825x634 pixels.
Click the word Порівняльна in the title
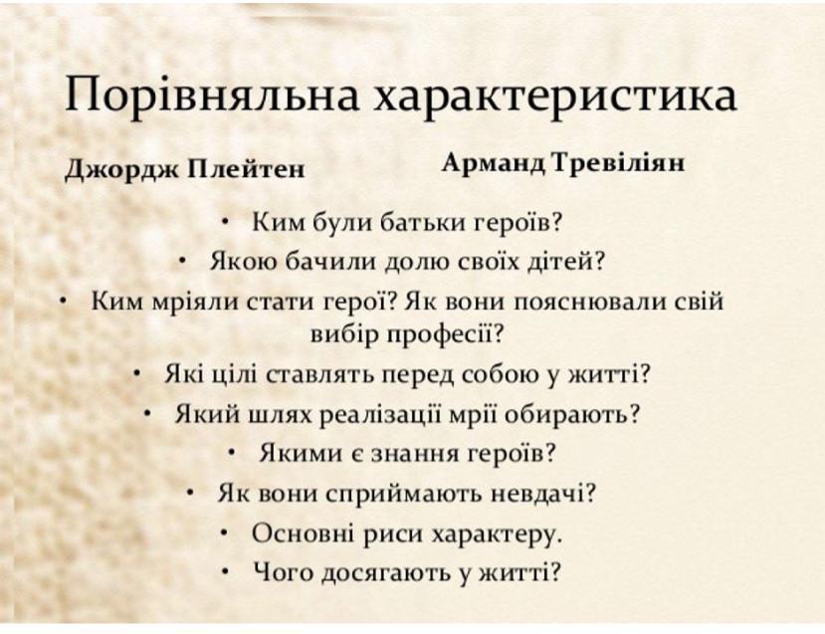point(212,95)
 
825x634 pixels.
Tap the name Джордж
point(121,169)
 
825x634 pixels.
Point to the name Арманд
point(494,163)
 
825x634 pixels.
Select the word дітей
point(565,261)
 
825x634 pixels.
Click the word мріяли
point(194,302)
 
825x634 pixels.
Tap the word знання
point(415,454)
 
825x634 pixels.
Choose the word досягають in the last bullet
point(386,572)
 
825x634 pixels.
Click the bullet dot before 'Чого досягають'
point(225,571)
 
